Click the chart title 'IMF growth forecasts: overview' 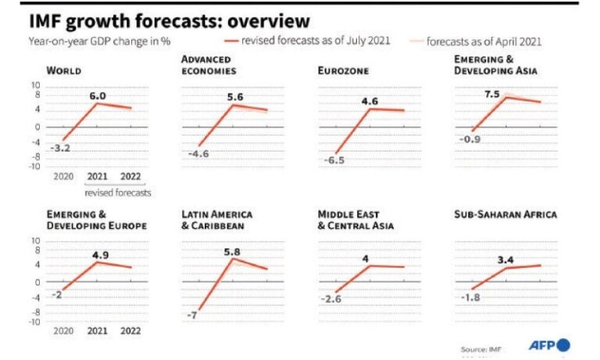(x=170, y=21)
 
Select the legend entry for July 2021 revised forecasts (x=307, y=41)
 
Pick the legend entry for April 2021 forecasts (x=476, y=41)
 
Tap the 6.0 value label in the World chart (x=98, y=96)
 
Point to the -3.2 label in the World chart (x=60, y=148)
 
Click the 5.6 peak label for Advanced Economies (x=235, y=97)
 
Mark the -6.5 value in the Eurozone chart (x=334, y=160)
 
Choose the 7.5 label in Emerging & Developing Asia (x=492, y=94)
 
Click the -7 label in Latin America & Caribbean (x=191, y=315)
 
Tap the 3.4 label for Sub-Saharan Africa (x=505, y=260)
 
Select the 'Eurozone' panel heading (x=343, y=71)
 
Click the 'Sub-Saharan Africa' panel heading (x=505, y=214)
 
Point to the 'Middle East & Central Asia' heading (x=356, y=220)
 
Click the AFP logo (x=549, y=345)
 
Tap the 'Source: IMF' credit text (x=481, y=349)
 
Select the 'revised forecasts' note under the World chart (x=118, y=193)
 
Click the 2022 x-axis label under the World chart (x=130, y=176)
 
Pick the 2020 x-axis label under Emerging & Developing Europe (x=63, y=330)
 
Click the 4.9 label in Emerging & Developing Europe (x=100, y=255)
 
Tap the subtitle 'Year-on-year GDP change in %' (x=99, y=41)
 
